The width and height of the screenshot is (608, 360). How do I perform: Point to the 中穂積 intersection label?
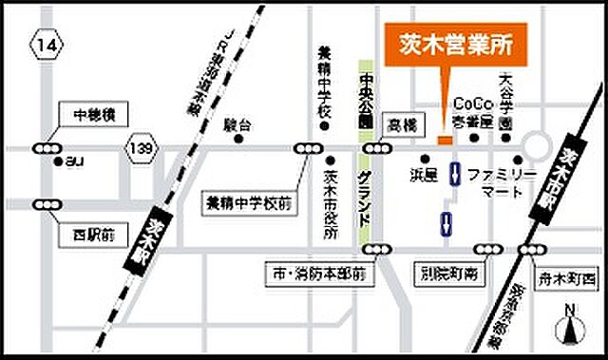coord(93,115)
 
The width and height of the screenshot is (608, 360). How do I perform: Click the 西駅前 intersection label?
coord(92,232)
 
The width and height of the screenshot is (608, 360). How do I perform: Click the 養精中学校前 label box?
coord(248,201)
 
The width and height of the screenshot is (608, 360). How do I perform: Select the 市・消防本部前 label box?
coord(318,275)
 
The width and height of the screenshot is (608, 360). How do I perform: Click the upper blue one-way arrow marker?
coord(456,174)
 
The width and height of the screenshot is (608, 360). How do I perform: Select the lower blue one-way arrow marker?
coord(445,224)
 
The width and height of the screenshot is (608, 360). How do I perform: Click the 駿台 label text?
coord(237,124)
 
